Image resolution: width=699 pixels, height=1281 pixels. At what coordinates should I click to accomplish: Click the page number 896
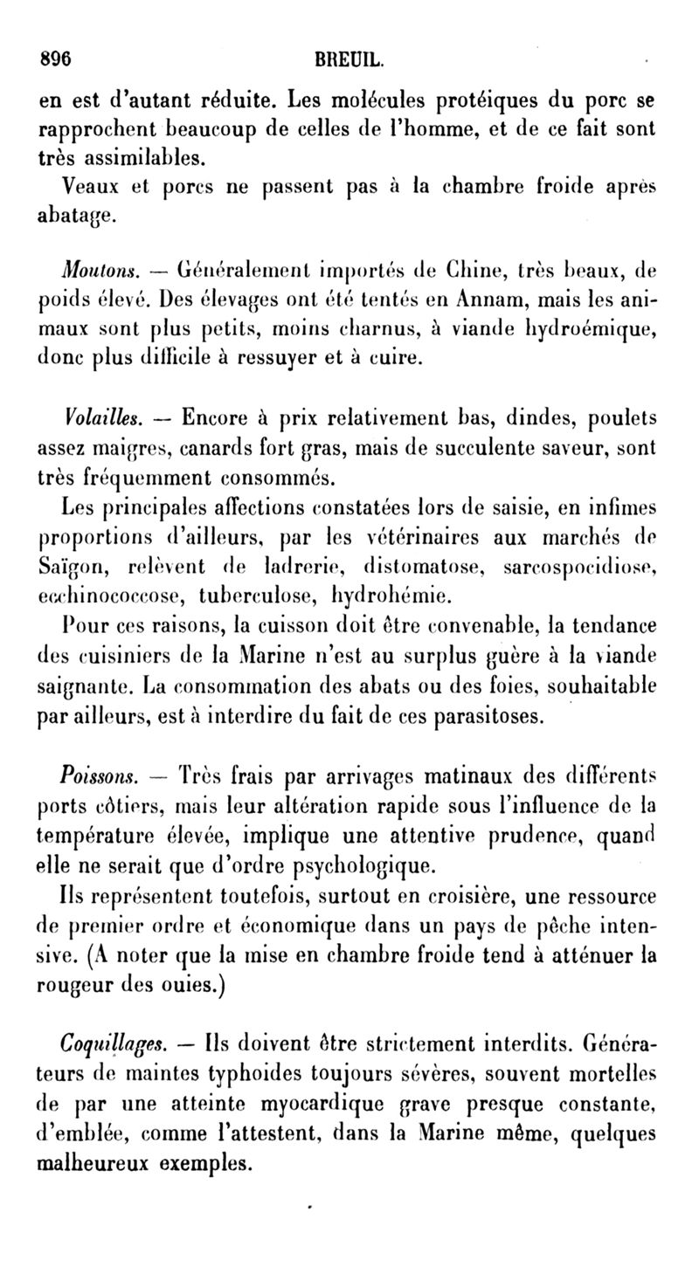(55, 62)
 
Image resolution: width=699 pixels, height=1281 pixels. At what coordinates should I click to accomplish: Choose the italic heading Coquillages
(110, 1043)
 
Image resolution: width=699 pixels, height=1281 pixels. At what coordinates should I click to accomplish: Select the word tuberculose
(255, 599)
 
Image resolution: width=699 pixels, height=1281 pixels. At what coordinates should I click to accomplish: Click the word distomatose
(423, 568)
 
